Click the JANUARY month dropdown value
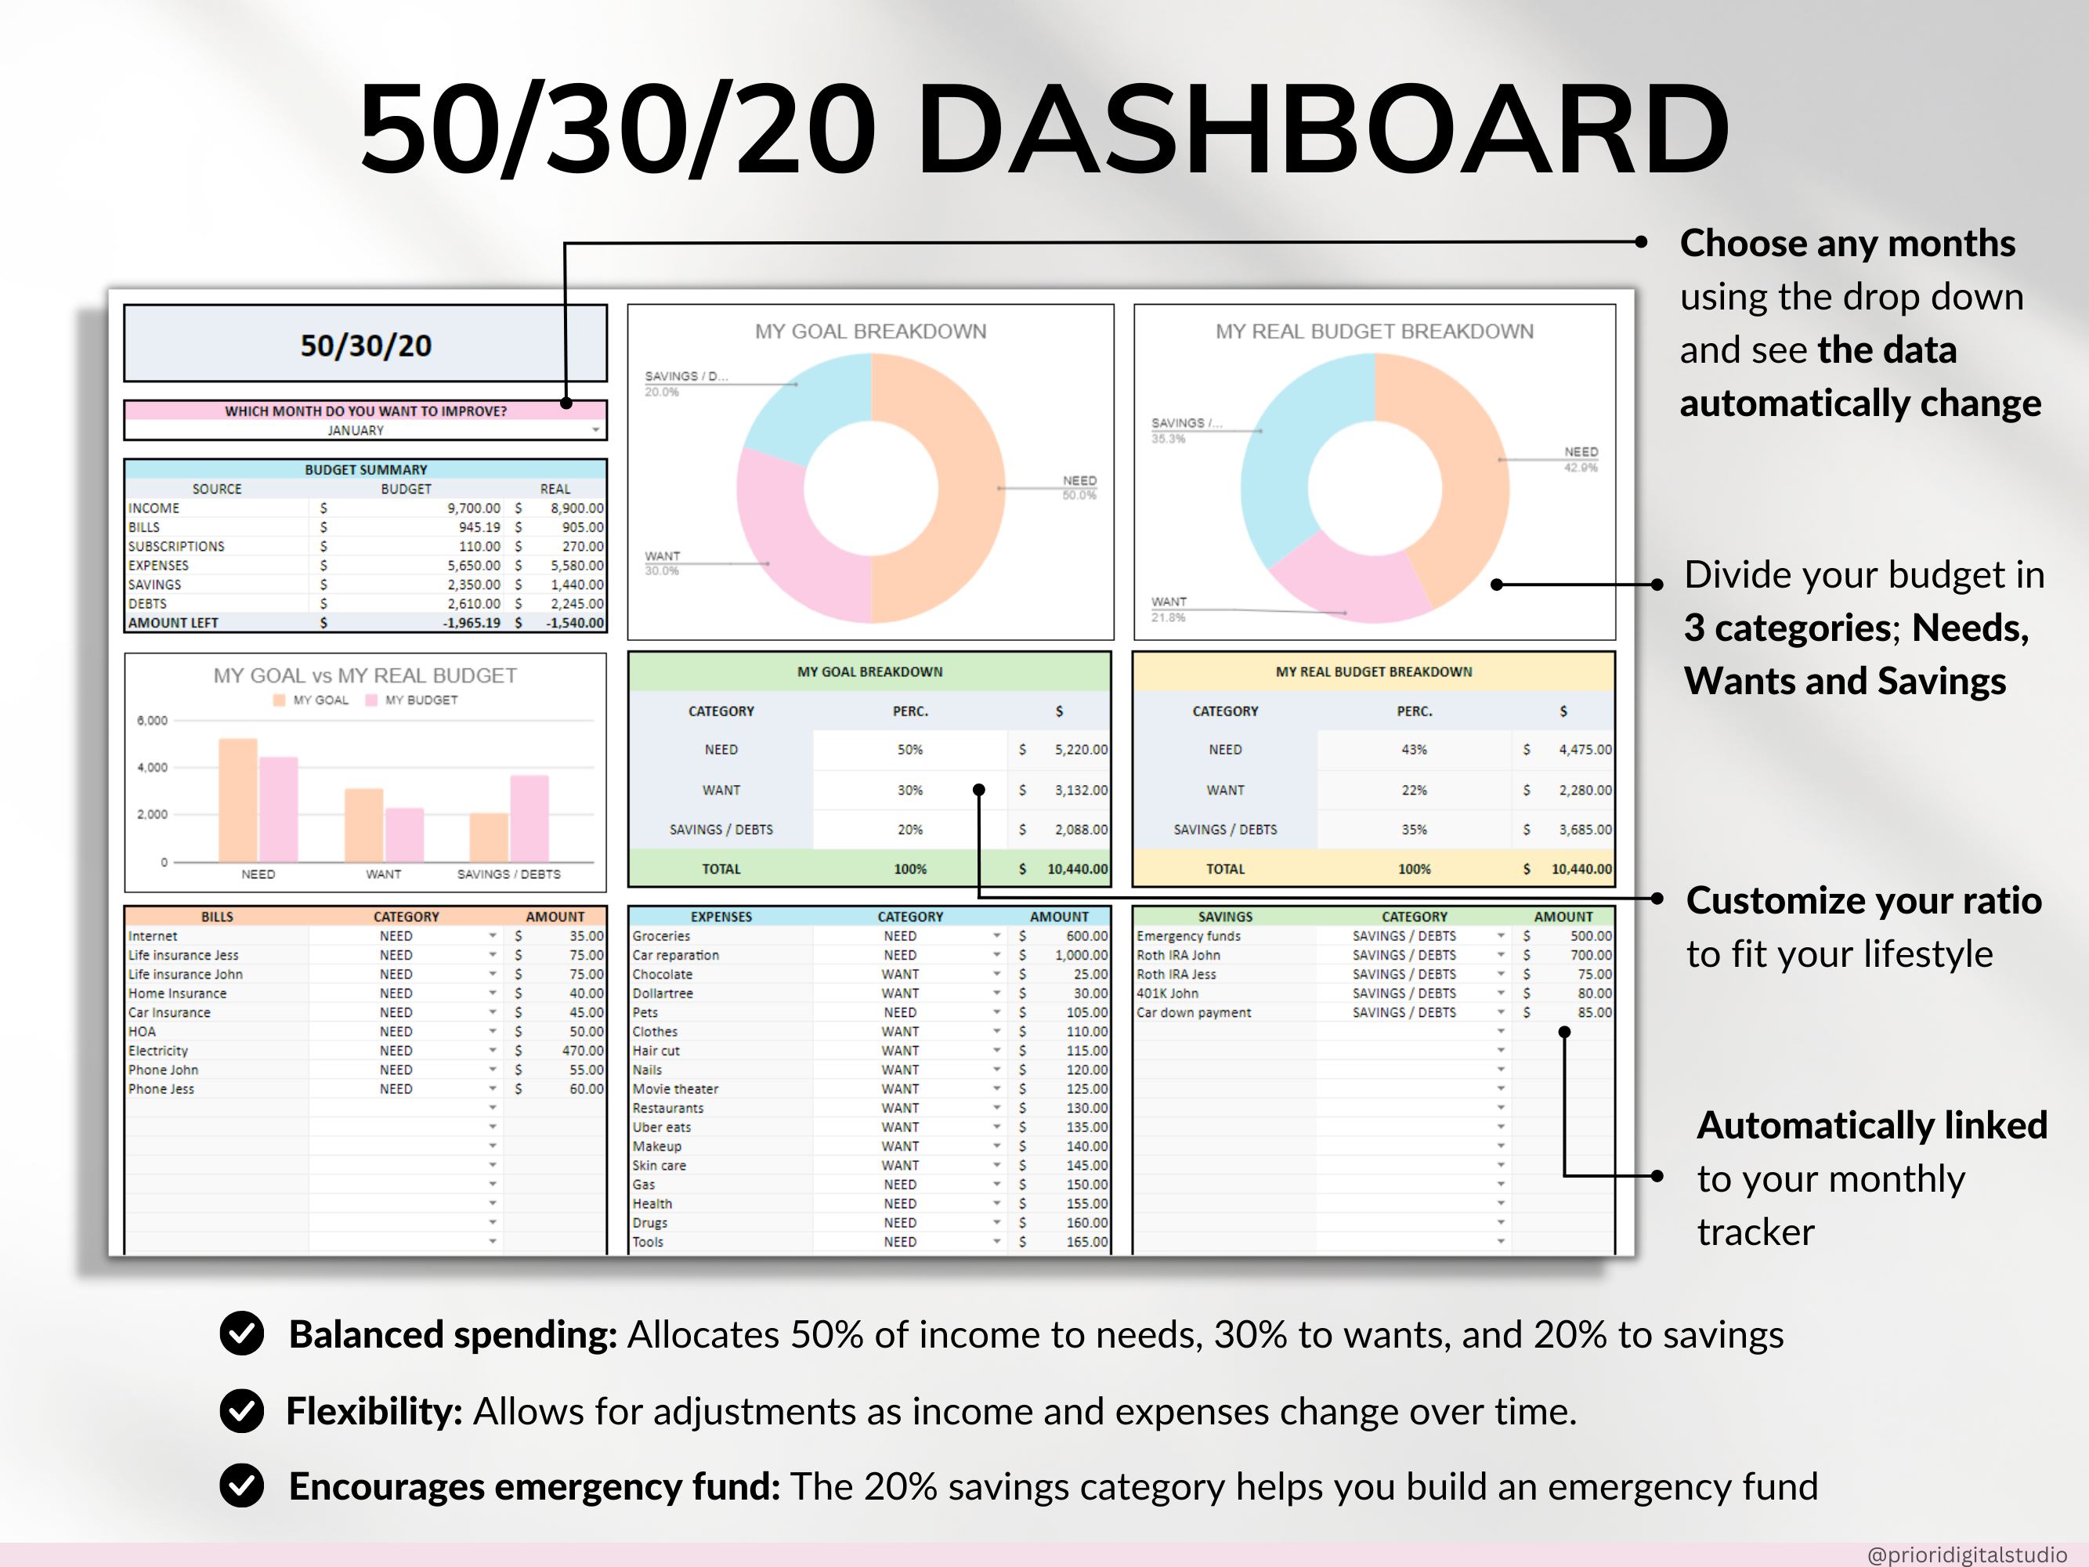[x=356, y=431]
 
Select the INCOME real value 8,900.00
[x=577, y=508]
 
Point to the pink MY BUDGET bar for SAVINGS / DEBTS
[x=529, y=818]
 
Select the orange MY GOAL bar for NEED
[x=238, y=800]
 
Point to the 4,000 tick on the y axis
[x=152, y=767]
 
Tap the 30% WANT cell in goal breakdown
[x=909, y=790]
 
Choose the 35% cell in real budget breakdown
[x=1414, y=829]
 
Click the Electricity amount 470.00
[x=583, y=1051]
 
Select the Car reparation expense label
[x=675, y=955]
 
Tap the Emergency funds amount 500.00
[x=1592, y=936]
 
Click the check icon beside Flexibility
[x=242, y=1411]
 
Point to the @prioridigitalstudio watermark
[x=1967, y=1554]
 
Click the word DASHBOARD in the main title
[x=1322, y=128]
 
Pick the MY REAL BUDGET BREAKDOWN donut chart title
[x=1374, y=331]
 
